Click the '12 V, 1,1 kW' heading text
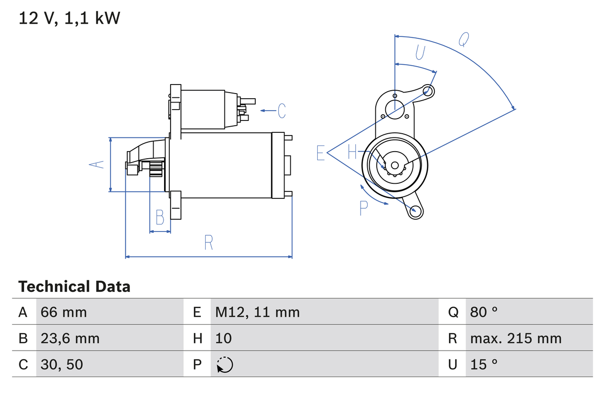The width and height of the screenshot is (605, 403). click(69, 18)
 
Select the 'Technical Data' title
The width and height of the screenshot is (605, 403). click(74, 286)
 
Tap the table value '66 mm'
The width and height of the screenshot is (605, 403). click(64, 312)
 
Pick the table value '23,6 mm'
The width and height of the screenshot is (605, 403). click(70, 338)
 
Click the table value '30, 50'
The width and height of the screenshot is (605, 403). click(62, 364)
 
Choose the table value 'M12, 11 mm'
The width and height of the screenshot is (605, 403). click(258, 312)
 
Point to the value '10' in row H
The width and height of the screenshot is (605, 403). click(224, 338)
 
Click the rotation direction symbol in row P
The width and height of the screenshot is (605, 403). click(225, 365)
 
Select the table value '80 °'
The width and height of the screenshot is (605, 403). click(484, 312)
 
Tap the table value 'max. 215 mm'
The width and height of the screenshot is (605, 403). click(516, 338)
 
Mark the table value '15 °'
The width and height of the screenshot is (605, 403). click(484, 364)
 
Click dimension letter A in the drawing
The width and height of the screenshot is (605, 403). click(97, 164)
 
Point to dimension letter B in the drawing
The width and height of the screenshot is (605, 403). click(160, 218)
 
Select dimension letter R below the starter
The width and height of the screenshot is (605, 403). click(208, 242)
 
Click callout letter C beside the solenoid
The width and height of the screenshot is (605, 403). click(281, 111)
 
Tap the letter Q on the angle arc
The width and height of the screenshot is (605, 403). click(464, 40)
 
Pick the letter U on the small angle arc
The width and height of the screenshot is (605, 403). click(420, 52)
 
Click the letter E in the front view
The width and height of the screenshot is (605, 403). click(320, 153)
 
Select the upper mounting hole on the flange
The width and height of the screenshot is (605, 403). click(428, 90)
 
